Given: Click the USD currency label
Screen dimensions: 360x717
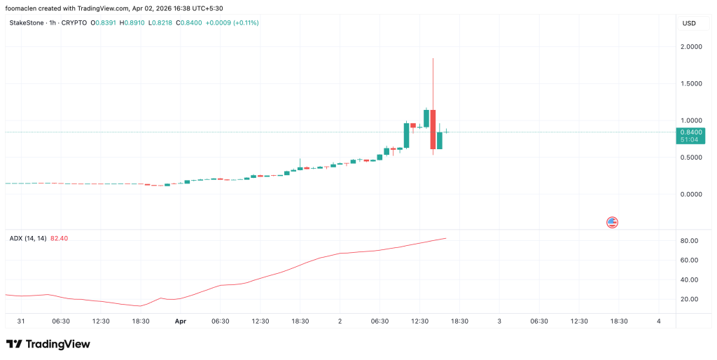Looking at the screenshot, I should (689, 23).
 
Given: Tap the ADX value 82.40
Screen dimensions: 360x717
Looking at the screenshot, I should (60, 238).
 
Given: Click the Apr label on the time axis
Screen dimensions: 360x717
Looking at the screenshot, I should (181, 321).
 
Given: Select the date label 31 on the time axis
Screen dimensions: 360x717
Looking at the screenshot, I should (21, 321).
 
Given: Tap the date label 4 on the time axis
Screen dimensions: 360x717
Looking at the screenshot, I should (659, 321).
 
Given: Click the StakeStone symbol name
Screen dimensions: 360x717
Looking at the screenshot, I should (26, 23).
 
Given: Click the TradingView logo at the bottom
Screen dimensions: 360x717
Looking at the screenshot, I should (48, 345).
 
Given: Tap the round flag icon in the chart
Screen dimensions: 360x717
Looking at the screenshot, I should (612, 223).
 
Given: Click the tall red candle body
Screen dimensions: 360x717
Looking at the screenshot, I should (434, 129).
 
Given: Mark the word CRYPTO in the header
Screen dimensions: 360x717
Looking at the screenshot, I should (74, 23).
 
